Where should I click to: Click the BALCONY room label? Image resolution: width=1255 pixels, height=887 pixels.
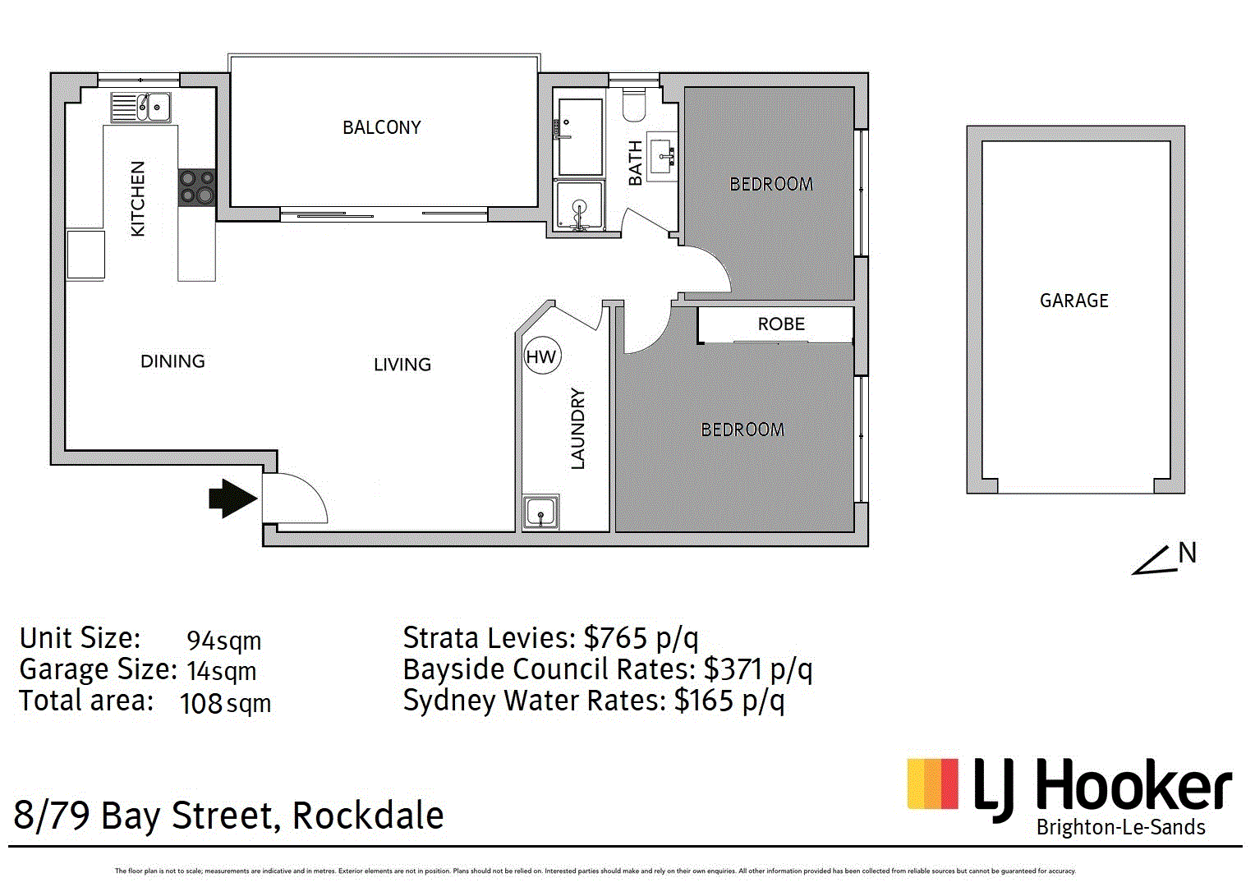pos(381,127)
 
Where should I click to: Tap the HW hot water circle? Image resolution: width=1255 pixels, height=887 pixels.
pos(540,356)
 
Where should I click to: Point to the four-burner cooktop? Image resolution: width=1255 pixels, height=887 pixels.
pos(197,186)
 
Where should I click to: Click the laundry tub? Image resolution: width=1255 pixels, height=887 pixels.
pos(540,512)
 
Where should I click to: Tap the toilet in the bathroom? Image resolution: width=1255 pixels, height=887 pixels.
pos(634,104)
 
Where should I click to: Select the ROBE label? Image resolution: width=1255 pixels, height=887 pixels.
pos(781,324)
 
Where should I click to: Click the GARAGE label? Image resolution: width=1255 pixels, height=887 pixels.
pos(1073,301)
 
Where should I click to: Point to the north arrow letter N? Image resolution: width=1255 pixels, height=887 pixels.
pos(1187,554)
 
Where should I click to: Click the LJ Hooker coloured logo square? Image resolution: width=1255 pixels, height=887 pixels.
pos(932,784)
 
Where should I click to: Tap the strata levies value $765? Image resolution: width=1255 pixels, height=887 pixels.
pos(614,638)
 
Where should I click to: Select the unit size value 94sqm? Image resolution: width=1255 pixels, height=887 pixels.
pos(223,641)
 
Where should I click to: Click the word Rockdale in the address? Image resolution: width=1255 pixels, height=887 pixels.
pos(368,816)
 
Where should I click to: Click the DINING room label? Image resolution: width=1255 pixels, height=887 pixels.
pos(172,361)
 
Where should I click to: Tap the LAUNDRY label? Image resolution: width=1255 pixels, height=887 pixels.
pos(578,428)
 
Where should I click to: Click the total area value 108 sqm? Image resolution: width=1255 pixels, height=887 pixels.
pos(225,704)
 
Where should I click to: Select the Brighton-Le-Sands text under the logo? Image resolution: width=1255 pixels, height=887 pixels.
pos(1120,827)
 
